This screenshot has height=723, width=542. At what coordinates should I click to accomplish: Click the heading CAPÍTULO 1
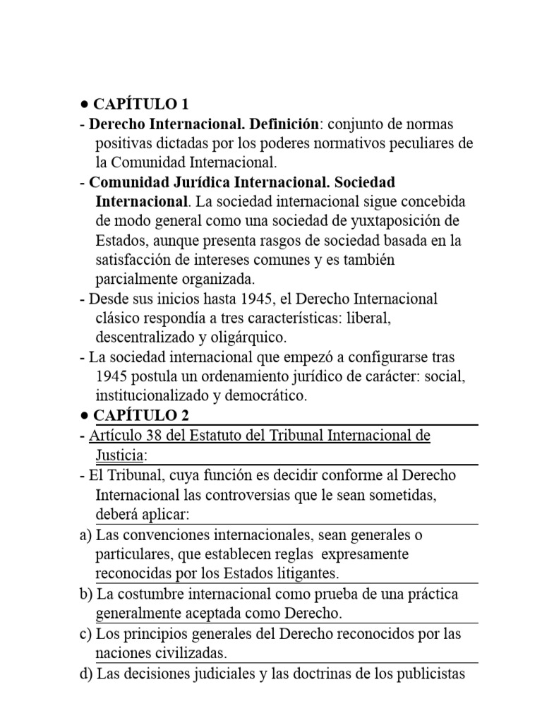[139, 104]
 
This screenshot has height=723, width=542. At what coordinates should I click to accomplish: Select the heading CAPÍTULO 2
[139, 416]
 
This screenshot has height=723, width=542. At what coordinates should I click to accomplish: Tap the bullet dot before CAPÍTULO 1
[83, 104]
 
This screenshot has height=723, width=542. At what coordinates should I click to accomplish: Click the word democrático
[264, 396]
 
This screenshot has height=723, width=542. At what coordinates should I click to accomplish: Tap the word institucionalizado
[151, 396]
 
